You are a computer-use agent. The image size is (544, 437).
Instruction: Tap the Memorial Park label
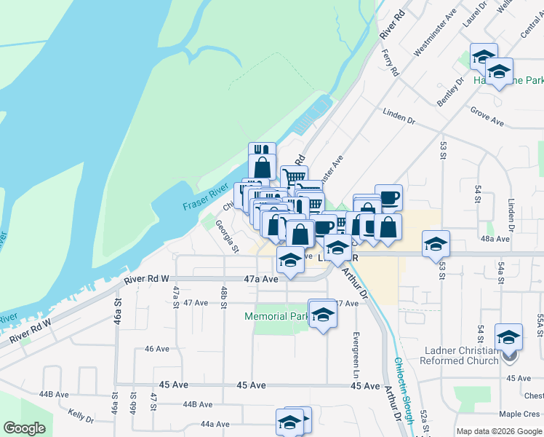276,317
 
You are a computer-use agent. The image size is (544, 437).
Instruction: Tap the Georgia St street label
227,236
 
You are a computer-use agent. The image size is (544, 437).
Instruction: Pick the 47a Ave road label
261,279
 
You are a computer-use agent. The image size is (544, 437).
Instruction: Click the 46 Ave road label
157,349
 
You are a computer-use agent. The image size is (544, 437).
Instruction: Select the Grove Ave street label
487,117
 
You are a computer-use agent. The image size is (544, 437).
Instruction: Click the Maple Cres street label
519,414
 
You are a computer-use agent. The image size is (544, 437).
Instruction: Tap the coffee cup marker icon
388,197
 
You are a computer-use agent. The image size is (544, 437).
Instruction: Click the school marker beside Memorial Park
322,315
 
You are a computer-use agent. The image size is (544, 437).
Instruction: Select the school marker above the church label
508,337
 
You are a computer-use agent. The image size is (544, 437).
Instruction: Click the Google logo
24,428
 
